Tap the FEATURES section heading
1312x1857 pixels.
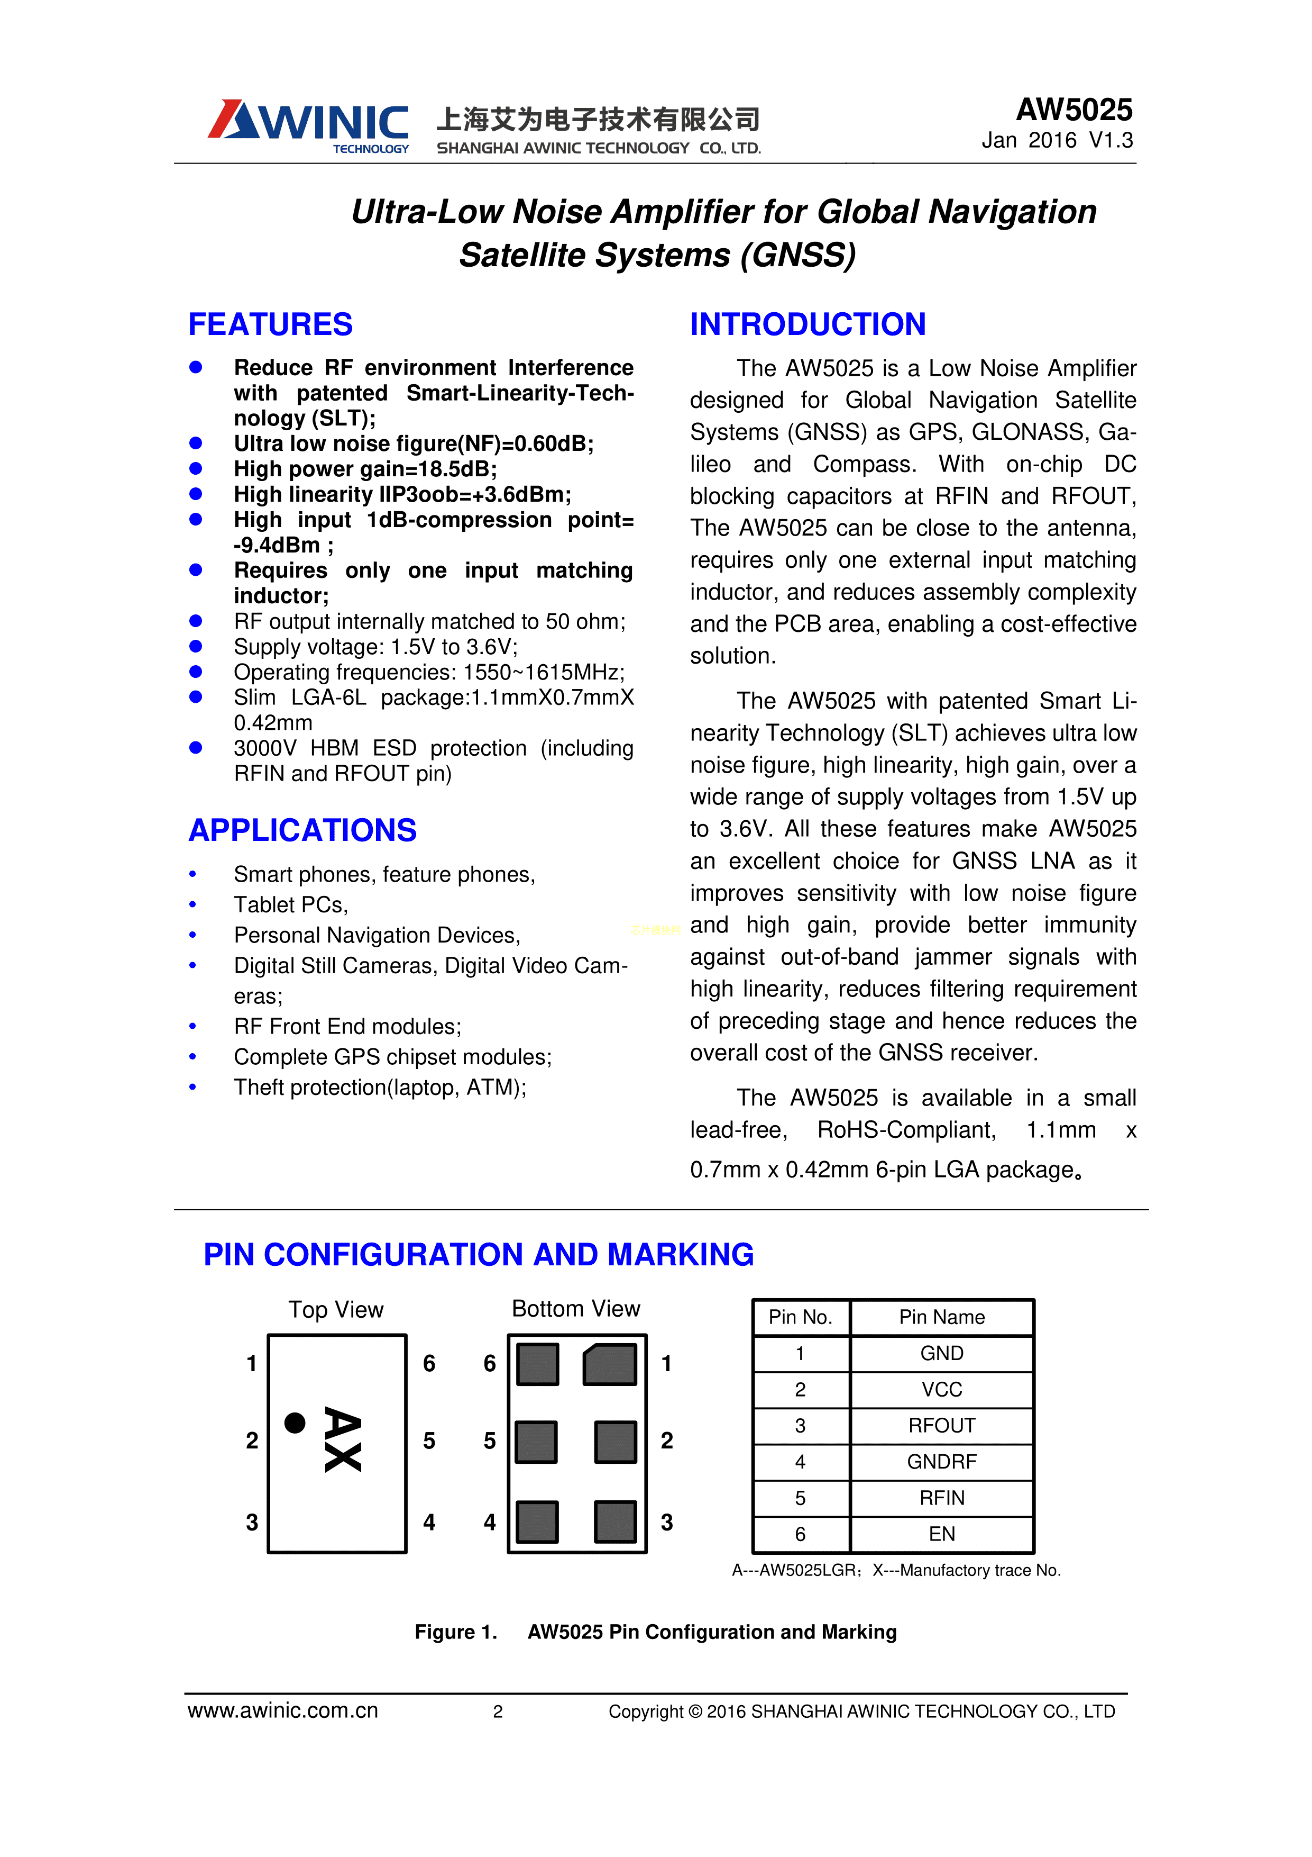270,324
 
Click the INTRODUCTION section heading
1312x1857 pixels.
807,324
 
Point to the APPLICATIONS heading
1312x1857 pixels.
302,831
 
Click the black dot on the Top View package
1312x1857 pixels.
295,1423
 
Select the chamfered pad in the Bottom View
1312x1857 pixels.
610,1364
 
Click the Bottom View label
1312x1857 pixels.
575,1309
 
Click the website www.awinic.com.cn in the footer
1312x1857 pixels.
283,1710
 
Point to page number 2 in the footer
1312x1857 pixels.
498,1711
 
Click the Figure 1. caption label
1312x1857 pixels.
455,1632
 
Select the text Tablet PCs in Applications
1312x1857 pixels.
290,905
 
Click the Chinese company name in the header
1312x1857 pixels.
598,119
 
